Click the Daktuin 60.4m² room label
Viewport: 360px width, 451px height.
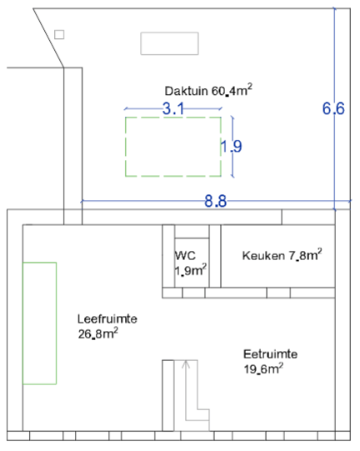pyautogui.click(x=208, y=90)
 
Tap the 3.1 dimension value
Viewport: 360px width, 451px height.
pyautogui.click(x=173, y=108)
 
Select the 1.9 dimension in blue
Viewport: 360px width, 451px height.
pyautogui.click(x=232, y=146)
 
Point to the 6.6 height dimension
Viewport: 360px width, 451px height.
pyautogui.click(x=333, y=108)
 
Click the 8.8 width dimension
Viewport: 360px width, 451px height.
pyautogui.click(x=215, y=201)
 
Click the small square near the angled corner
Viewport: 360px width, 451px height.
pyautogui.click(x=59, y=34)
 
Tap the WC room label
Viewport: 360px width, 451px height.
pyautogui.click(x=186, y=255)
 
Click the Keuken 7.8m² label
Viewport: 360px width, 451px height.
pyautogui.click(x=282, y=255)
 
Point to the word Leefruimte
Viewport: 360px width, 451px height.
pyautogui.click(x=107, y=319)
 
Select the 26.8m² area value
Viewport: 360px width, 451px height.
pyautogui.click(x=97, y=333)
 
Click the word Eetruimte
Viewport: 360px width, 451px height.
pyautogui.click(x=270, y=354)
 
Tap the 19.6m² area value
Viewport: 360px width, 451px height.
pyautogui.click(x=263, y=368)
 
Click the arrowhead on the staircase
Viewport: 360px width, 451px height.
pyautogui.click(x=186, y=364)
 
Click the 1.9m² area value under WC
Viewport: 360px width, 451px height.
pyautogui.click(x=190, y=270)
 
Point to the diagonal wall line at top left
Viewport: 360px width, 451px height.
pyautogui.click(x=48, y=38)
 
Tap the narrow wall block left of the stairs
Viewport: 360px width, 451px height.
pyautogui.click(x=168, y=395)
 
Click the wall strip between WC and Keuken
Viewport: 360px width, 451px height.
pyautogui.click(x=215, y=256)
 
